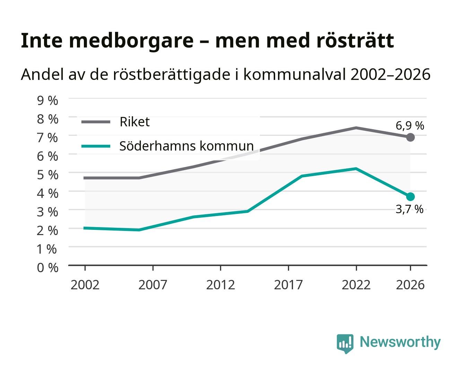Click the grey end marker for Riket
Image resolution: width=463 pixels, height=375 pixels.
click(410, 137)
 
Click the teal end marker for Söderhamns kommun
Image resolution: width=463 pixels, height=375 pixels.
click(410, 197)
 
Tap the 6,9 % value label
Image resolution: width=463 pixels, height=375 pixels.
click(410, 126)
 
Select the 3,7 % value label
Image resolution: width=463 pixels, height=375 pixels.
click(409, 209)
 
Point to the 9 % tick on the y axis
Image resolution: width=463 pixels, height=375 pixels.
click(47, 101)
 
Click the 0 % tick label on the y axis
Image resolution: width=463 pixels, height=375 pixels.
click(47, 268)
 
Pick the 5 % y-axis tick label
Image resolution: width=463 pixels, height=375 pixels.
click(47, 175)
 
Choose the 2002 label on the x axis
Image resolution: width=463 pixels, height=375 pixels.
click(85, 285)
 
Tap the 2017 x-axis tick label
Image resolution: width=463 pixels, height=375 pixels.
click(288, 285)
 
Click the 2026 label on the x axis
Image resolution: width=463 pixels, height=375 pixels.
click(410, 285)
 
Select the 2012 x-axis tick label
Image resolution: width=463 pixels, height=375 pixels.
click(220, 285)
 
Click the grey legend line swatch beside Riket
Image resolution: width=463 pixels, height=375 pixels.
click(96, 122)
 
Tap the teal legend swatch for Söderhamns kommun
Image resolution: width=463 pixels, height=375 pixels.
click(96, 146)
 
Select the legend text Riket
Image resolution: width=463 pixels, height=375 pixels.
click(134, 122)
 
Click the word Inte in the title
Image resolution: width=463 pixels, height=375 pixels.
click(42, 41)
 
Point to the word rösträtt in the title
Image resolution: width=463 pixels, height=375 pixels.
click(355, 41)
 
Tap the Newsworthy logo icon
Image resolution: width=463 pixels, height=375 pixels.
click(345, 344)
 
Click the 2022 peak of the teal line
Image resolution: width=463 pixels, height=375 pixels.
click(356, 168)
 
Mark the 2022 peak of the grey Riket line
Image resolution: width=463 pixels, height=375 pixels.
click(356, 128)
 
